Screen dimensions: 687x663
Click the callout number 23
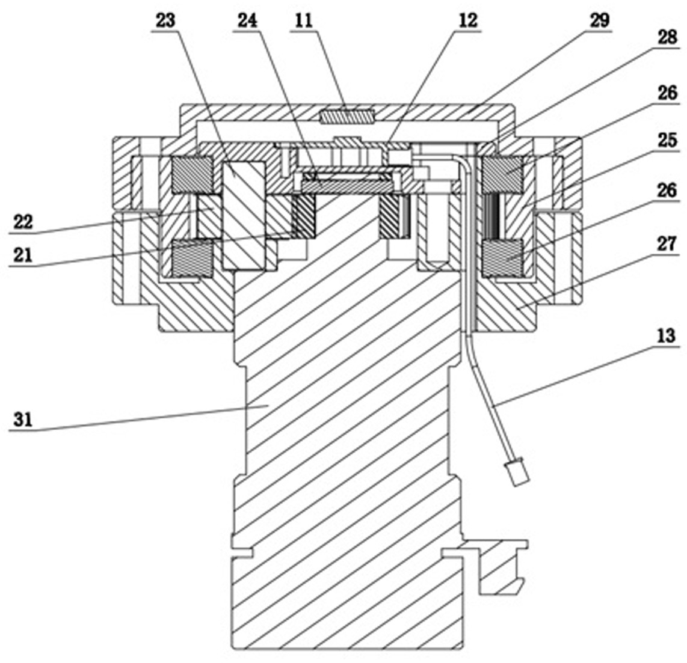click(165, 20)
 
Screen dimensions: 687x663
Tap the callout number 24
click(247, 20)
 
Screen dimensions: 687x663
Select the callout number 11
click(304, 20)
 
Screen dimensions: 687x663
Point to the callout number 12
click(468, 20)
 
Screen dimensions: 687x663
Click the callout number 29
click(600, 20)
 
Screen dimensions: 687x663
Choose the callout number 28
click(667, 37)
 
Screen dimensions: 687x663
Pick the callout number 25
click(667, 140)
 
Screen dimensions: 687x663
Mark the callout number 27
click(667, 243)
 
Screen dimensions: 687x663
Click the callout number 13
click(667, 336)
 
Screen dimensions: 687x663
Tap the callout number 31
click(23, 420)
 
